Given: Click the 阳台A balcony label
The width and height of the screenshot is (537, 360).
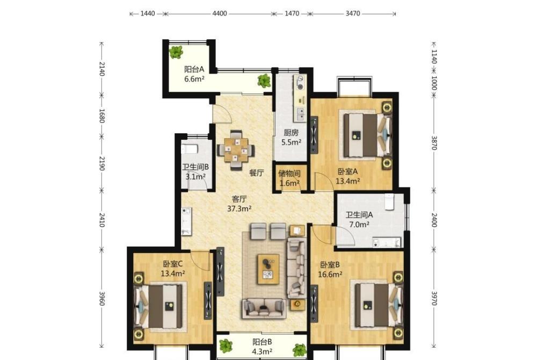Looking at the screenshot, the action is click(194, 69).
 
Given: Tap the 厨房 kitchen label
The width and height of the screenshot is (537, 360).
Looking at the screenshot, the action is click(291, 133).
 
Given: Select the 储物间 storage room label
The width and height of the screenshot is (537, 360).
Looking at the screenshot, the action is click(289, 174).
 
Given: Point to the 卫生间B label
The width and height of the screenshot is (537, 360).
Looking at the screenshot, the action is click(195, 167).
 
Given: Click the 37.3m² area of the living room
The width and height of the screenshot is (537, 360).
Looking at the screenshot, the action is click(240, 208).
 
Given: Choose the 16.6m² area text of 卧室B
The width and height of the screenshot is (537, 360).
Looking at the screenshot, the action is click(330, 275).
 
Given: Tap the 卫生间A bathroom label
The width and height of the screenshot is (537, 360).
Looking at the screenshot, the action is click(359, 215).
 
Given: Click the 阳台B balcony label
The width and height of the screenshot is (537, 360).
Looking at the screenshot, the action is click(263, 342).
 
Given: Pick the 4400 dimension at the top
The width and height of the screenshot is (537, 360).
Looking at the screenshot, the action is click(220, 13).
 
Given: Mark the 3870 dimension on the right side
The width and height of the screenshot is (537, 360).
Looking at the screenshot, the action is click(434, 143).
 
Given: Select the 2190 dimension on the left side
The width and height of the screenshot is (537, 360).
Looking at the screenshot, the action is click(101, 163).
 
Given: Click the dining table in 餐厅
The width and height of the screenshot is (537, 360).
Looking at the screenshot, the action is click(236, 150).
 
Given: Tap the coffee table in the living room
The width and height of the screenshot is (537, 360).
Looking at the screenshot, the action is click(268, 269).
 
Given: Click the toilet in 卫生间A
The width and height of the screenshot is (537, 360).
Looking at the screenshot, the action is click(389, 201).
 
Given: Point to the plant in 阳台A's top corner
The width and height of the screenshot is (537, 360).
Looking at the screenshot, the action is click(176, 53).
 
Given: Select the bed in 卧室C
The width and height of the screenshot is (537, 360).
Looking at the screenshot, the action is click(160, 307).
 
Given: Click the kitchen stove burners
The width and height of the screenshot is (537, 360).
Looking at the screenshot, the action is click(300, 82).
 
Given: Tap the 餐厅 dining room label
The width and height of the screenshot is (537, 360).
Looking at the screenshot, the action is click(256, 173).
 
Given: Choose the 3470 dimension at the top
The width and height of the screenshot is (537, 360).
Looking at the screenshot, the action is click(352, 13).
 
